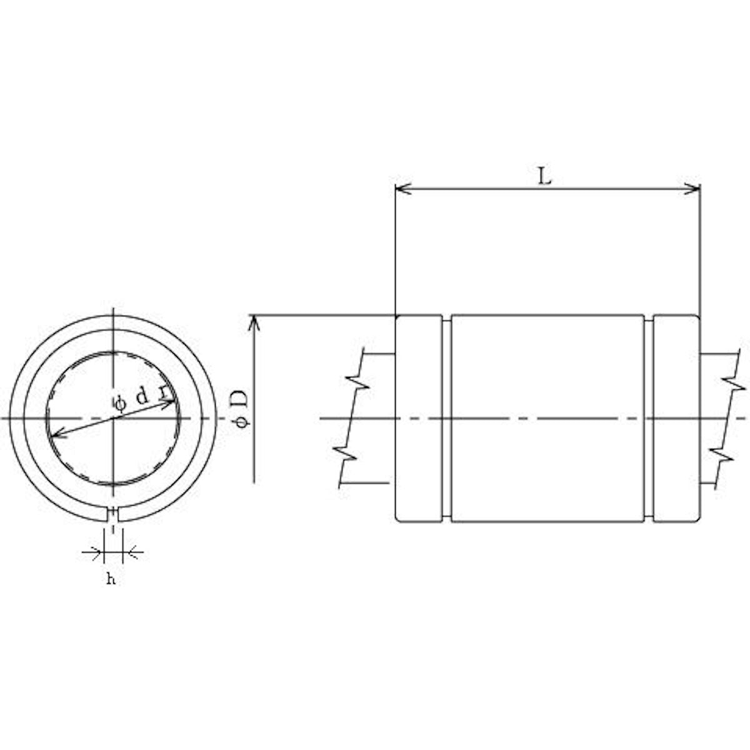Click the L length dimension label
[546, 177]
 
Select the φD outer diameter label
[242, 409]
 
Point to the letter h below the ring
[111, 580]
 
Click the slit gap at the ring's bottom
[112, 514]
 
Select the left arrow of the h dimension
[96, 552]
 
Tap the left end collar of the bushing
[419, 418]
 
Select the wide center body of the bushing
[547, 418]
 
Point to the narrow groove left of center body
[447, 418]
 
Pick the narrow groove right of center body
[649, 418]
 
